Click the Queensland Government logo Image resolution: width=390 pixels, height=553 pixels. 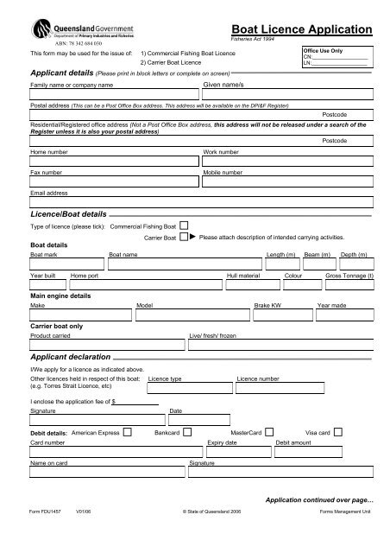tap(64, 32)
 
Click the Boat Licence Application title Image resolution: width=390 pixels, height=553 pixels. tap(301, 29)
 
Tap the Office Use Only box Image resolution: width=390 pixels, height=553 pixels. tap(337, 61)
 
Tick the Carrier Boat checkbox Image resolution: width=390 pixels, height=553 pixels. tap(184, 236)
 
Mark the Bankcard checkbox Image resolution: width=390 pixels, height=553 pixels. tap(187, 431)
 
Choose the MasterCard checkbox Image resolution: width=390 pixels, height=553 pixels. tap(269, 431)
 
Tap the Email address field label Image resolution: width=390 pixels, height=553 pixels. tap(48, 194)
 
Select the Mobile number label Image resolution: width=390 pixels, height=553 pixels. tap(222, 173)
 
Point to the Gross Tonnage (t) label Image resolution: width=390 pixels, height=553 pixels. tap(349, 276)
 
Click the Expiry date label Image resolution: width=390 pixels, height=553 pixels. tap(222, 442)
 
